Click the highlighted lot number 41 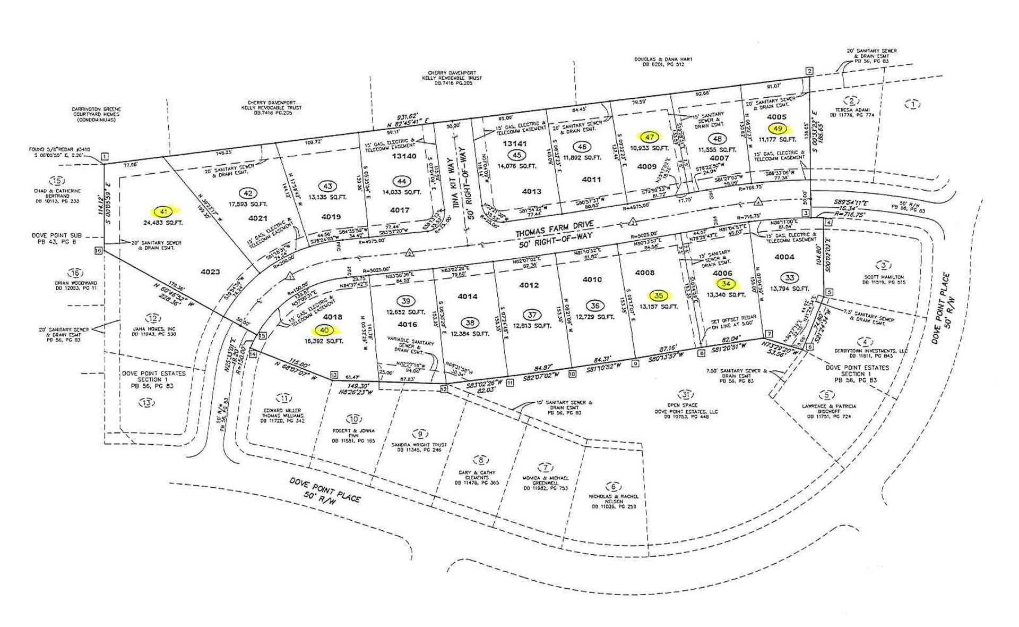(163, 211)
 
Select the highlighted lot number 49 (779, 128)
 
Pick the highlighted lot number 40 (324, 330)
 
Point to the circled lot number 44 (402, 182)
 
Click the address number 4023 (210, 272)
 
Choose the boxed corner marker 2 (809, 71)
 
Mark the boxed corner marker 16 (98, 250)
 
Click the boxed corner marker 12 (444, 389)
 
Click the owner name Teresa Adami (851, 110)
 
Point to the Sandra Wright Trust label (419, 445)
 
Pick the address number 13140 (404, 156)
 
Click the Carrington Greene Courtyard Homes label (97, 114)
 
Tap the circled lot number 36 (595, 306)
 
